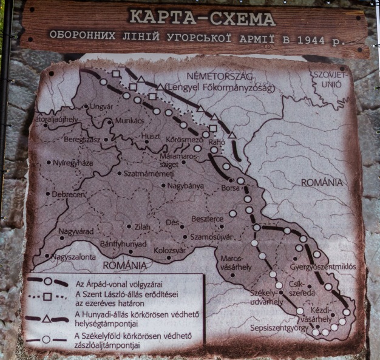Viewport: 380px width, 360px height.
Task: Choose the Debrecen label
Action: tap(68, 194)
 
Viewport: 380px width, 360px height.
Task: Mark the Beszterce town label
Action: tap(208, 218)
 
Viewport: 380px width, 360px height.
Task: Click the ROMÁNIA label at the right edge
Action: tap(321, 182)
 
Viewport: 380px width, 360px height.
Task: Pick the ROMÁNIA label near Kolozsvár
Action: tap(124, 265)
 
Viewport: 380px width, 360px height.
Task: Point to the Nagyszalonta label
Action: tap(73, 257)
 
